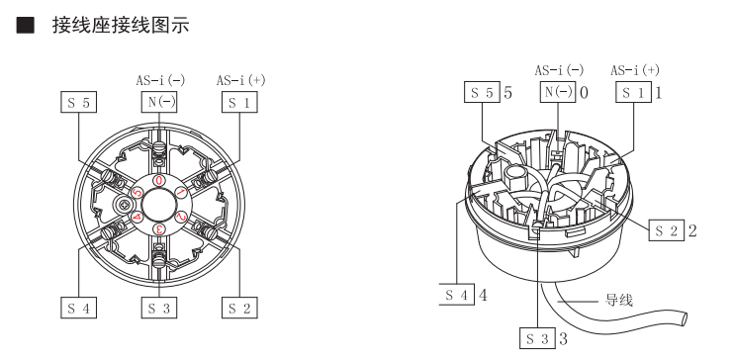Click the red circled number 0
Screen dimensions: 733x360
point(159,181)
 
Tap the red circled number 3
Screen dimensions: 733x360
point(159,228)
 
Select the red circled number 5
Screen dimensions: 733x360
point(137,192)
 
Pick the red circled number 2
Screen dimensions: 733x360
point(181,217)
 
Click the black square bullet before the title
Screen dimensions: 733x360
point(26,26)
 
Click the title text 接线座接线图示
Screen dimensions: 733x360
point(121,26)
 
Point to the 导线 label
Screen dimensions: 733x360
point(619,300)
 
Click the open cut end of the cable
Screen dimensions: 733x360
point(685,318)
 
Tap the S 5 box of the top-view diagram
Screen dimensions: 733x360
point(78,102)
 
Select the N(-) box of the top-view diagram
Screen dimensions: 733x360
point(159,102)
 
